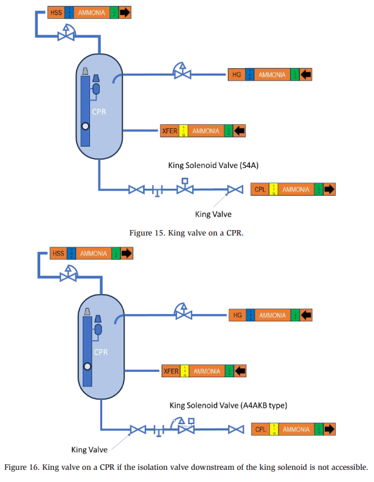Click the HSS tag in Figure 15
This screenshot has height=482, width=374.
(56, 12)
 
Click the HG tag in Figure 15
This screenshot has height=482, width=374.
(237, 75)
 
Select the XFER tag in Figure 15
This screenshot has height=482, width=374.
(168, 131)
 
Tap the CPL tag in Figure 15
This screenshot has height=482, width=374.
(260, 189)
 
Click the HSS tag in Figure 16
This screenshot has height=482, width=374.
(58, 253)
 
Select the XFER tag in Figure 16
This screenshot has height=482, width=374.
(171, 371)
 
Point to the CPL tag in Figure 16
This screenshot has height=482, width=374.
(261, 430)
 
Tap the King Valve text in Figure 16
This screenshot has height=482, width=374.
(89, 450)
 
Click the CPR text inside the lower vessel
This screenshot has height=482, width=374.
(102, 352)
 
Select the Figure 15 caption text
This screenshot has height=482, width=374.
(186, 232)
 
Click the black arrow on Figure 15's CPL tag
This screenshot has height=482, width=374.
(329, 189)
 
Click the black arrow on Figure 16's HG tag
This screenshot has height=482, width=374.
(306, 315)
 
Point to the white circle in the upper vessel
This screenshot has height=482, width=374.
(85, 126)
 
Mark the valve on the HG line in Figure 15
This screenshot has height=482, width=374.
(181, 74)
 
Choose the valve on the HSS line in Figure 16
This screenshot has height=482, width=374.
(68, 276)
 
